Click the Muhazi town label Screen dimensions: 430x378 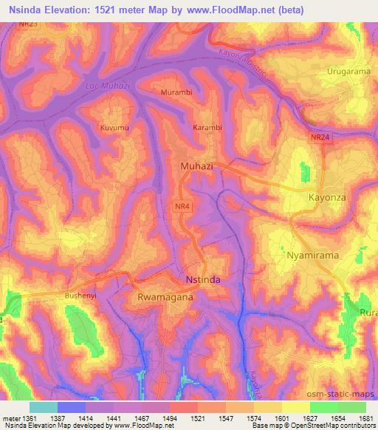pos(196,166)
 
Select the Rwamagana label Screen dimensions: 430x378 pos(165,296)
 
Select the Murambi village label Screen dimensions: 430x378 pos(176,93)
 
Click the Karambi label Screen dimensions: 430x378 pos(207,128)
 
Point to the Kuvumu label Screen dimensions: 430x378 pos(114,128)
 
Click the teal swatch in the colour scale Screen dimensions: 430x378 pos(43,407)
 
